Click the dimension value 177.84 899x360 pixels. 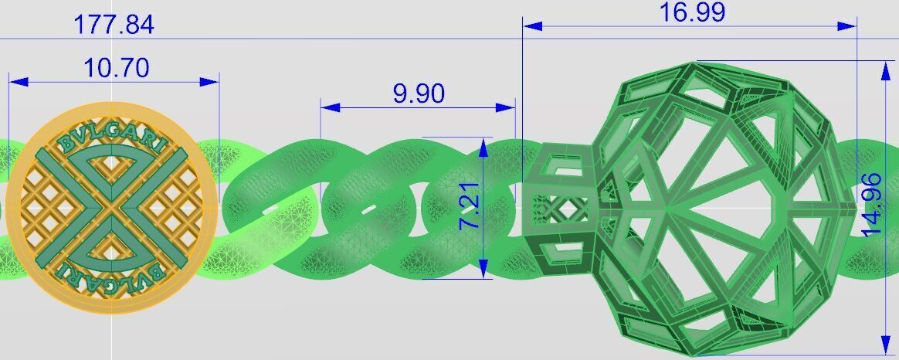pos(114,25)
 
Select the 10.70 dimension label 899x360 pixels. pos(116,69)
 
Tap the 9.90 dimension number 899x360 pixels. pos(419,93)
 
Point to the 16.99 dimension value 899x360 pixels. pos(692,13)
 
